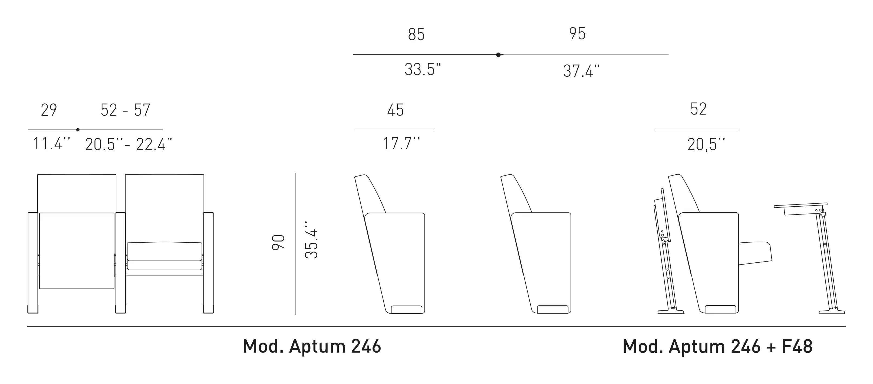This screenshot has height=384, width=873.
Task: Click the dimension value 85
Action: tap(416, 35)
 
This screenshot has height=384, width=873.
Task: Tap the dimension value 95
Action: tap(577, 34)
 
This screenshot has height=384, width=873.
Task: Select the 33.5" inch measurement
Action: tap(423, 70)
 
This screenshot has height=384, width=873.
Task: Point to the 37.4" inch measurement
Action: tap(581, 71)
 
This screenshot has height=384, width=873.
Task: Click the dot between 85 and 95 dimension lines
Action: tap(498, 55)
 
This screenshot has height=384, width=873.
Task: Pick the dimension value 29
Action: tap(49, 110)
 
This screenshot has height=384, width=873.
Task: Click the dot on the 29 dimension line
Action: tap(78, 130)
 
